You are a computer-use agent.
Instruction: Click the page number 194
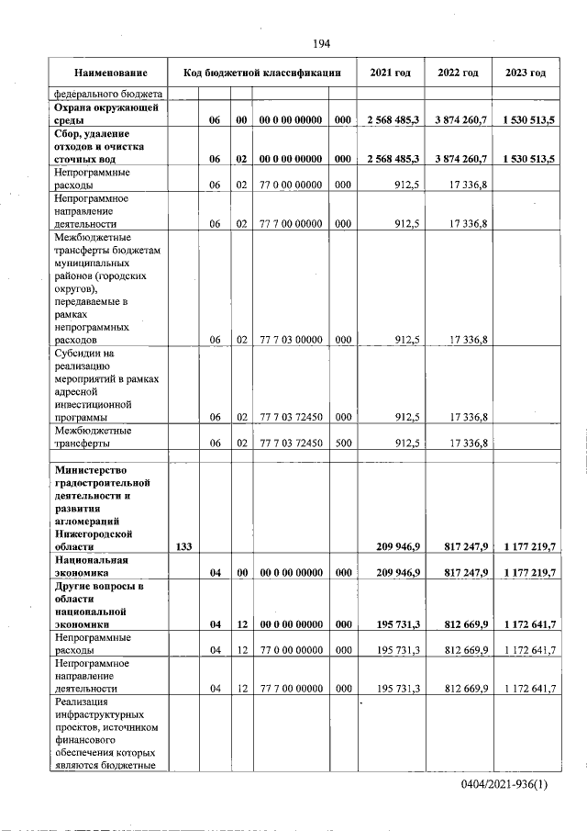320,43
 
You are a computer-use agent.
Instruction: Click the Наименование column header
110,73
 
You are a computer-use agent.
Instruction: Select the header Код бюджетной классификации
262,73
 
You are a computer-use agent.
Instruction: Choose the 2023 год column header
525,73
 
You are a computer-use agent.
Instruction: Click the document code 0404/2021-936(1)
511,787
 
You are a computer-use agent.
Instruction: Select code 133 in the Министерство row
183,546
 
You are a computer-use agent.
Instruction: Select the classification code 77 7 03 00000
290,340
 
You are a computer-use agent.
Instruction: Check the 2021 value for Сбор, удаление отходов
393,159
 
